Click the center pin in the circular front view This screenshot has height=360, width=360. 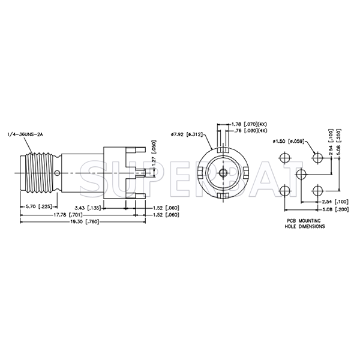(223, 173)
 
